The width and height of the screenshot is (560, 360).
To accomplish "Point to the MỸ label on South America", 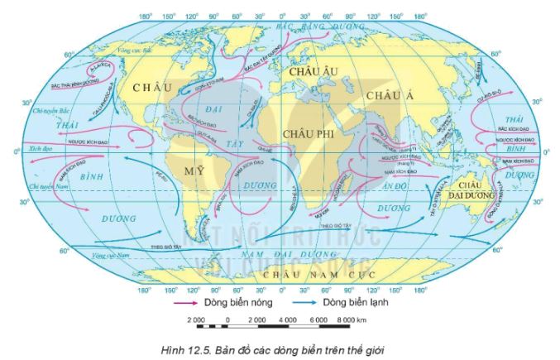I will (194, 169).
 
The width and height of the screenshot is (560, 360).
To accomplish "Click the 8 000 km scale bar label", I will (357, 320).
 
